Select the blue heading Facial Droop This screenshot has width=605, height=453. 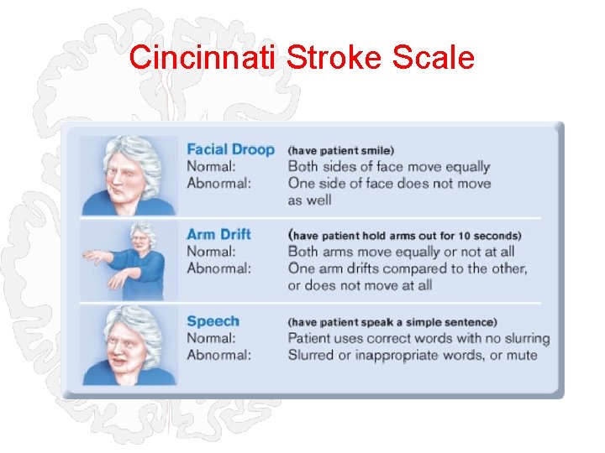230,149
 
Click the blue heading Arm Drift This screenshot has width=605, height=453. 218,234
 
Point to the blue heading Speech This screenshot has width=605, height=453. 213,320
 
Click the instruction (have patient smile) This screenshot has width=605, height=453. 340,150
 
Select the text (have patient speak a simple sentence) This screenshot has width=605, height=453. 392,321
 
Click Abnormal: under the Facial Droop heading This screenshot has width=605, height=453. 219,183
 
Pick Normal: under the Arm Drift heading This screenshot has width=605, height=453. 212,251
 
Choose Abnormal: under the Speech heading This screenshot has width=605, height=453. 219,355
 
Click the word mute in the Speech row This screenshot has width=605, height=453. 521,355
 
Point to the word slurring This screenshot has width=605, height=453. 523,338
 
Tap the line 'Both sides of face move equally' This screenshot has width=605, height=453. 388,166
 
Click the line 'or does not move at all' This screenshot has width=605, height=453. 360,285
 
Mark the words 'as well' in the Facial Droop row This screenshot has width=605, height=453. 309,200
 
